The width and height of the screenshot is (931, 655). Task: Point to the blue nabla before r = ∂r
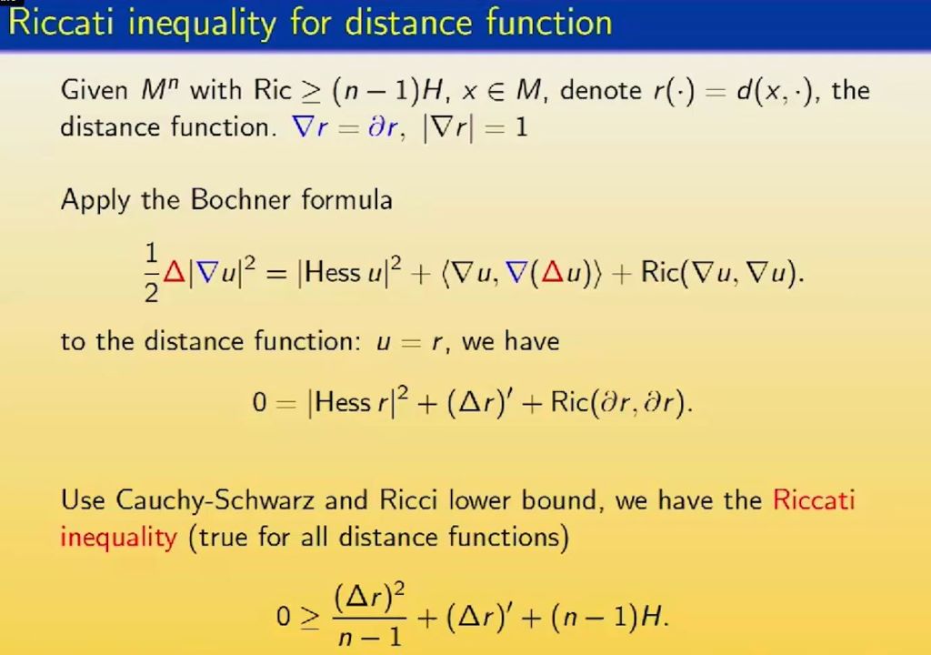click(302, 126)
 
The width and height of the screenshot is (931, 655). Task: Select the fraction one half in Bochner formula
click(150, 274)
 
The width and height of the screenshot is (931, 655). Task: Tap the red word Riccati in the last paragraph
click(814, 500)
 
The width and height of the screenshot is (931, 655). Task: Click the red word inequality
click(118, 538)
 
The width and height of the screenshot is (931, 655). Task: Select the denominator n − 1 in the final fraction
click(368, 635)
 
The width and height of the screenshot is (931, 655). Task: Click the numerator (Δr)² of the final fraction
click(368, 597)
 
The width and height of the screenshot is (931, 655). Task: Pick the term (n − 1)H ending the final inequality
click(616, 618)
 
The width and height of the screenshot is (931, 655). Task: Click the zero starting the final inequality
click(285, 618)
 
